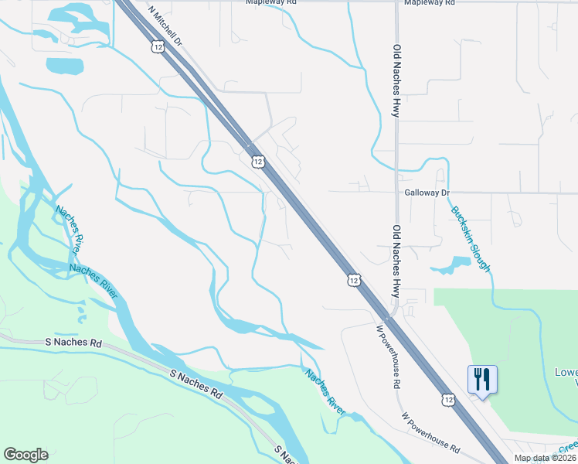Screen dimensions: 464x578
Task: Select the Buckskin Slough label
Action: (471, 239)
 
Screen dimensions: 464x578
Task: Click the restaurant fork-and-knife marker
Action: (482, 380)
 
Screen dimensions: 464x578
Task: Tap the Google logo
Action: (25, 455)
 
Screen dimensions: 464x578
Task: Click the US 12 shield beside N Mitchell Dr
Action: (158, 47)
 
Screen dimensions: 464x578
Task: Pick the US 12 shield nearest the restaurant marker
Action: (449, 399)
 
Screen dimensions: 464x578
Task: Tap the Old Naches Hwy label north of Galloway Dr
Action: (396, 80)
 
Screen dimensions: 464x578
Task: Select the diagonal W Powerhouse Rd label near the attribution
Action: (430, 432)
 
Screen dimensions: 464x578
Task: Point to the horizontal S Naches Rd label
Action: (73, 342)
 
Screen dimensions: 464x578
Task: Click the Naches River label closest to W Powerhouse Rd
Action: (324, 393)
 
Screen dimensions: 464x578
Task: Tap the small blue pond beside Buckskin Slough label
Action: (451, 266)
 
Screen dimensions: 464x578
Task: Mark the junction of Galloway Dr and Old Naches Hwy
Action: (396, 193)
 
